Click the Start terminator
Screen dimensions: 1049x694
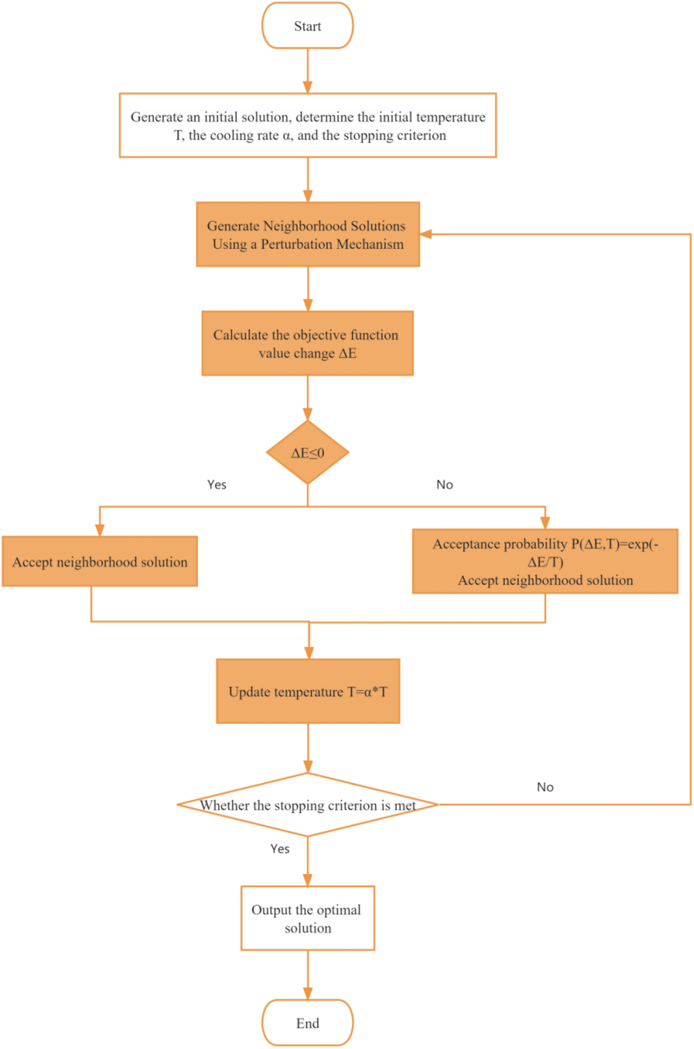pyautogui.click(x=307, y=26)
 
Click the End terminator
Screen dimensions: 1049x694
pyautogui.click(x=307, y=1023)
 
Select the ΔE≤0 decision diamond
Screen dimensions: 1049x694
pyautogui.click(x=307, y=452)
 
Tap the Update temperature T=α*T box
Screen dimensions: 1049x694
pyautogui.click(x=308, y=691)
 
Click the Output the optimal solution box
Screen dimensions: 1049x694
pyautogui.click(x=307, y=918)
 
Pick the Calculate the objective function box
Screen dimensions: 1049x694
pyautogui.click(x=307, y=343)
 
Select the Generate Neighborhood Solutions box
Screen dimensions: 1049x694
pyautogui.click(x=308, y=234)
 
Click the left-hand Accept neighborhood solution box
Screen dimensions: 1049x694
pyautogui.click(x=100, y=562)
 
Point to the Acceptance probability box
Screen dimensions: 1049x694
pyautogui.click(x=545, y=562)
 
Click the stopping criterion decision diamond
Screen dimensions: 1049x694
pyautogui.click(x=307, y=805)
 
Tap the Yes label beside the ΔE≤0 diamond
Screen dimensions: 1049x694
pyautogui.click(x=217, y=485)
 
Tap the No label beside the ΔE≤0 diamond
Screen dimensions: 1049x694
pyautogui.click(x=444, y=485)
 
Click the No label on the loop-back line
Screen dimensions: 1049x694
pyautogui.click(x=545, y=787)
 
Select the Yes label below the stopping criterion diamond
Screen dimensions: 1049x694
pyautogui.click(x=280, y=849)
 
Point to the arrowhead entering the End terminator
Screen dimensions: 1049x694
pyautogui.click(x=307, y=993)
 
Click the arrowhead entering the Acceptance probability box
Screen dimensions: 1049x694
pyautogui.click(x=545, y=523)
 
